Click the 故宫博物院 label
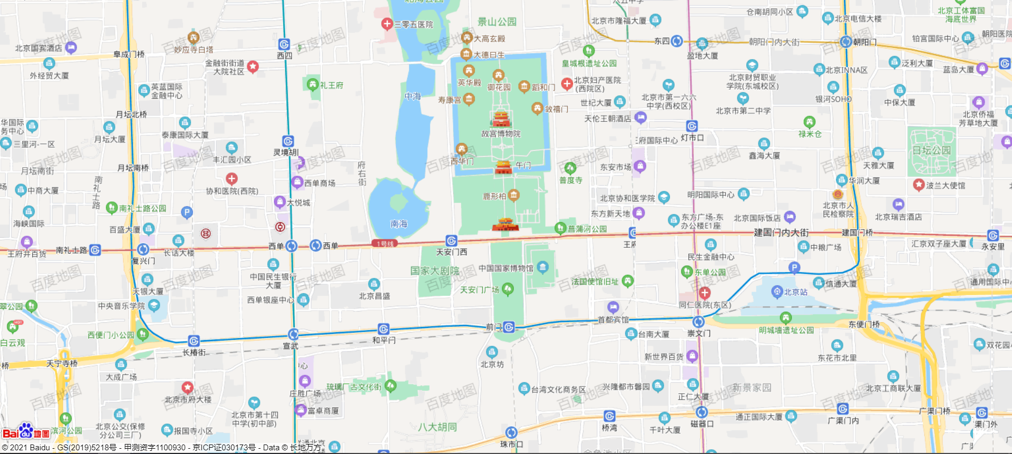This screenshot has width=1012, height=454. point(501,134)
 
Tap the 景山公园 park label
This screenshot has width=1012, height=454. point(497,22)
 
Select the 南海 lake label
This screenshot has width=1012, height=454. point(398,224)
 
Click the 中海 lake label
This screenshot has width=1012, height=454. point(412,96)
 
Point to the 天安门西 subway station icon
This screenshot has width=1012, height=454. point(451,241)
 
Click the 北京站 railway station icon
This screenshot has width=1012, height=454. point(776,292)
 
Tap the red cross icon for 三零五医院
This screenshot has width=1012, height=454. point(387,24)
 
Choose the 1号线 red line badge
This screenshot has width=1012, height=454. point(384,244)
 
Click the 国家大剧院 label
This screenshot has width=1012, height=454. point(434,271)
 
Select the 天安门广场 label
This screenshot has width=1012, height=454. point(479,289)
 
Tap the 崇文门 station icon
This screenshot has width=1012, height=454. point(698,322)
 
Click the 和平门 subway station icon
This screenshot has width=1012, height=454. point(384,329)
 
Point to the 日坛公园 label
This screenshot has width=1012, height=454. point(932,150)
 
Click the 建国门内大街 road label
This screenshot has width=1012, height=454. point(781,233)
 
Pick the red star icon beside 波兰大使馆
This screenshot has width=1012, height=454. point(919,185)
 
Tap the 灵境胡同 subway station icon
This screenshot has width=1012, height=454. point(288,141)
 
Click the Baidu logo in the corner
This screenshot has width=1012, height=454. point(26,432)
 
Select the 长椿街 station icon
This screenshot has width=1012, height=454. point(194,341)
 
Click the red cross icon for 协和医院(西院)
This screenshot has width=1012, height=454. point(231,179)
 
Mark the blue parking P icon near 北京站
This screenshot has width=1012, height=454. point(794,268)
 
